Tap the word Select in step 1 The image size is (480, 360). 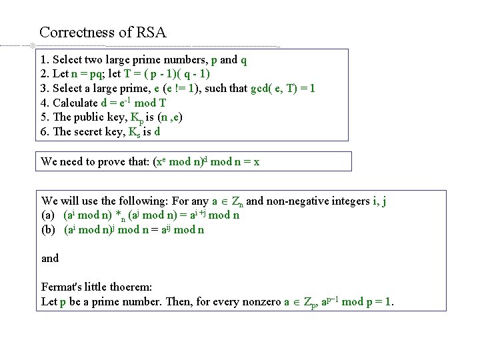click(67, 59)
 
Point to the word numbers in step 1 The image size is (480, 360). click(180, 59)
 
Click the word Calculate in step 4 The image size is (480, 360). click(77, 103)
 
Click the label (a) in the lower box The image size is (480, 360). click(49, 215)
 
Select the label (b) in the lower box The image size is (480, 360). click(49, 230)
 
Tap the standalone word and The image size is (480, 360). click(50, 258)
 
